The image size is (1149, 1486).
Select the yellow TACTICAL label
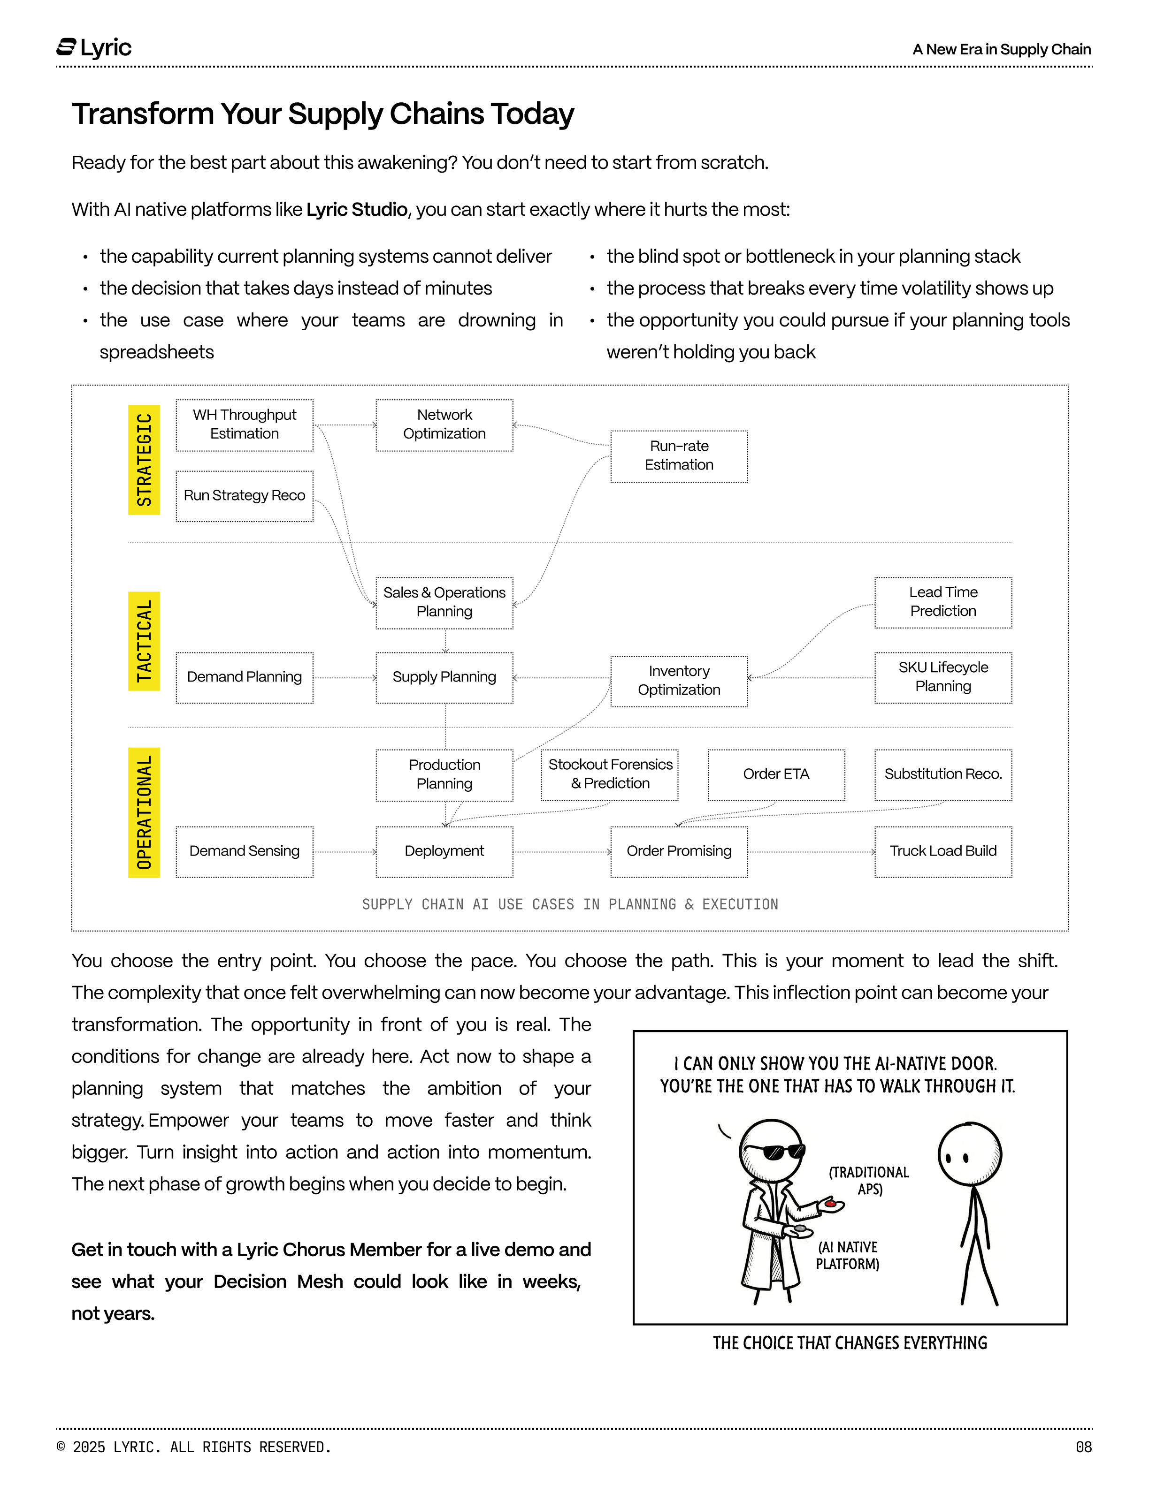pyautogui.click(x=144, y=641)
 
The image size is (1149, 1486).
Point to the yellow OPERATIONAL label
pyautogui.click(x=144, y=812)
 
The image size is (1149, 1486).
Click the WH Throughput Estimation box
pyautogui.click(x=245, y=425)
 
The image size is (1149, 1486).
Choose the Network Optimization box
pyautogui.click(x=444, y=425)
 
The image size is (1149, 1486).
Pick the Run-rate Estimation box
pyautogui.click(x=679, y=456)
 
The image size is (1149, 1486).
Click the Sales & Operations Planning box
pyautogui.click(x=444, y=602)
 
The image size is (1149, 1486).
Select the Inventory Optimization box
pyautogui.click(x=679, y=681)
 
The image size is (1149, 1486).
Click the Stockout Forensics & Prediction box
pyautogui.click(x=609, y=774)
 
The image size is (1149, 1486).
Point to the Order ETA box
pyautogui.click(x=776, y=774)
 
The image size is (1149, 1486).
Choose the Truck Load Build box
pyautogui.click(x=943, y=851)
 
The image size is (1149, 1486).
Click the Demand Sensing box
pyautogui.click(x=245, y=851)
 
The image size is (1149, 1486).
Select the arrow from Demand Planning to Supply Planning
pyautogui.click(x=345, y=678)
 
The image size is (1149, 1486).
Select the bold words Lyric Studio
pyautogui.click(x=357, y=210)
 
